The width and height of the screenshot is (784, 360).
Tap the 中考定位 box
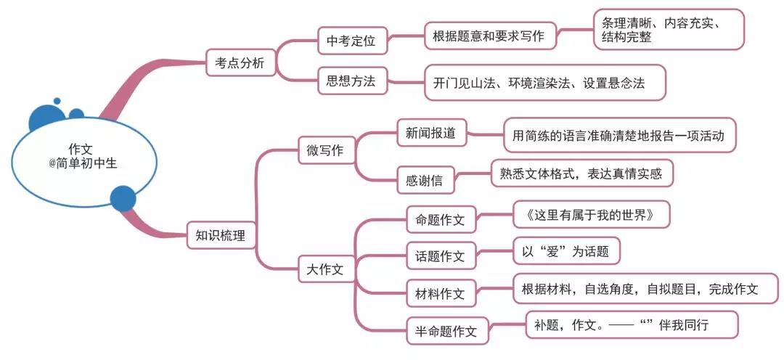(x=352, y=41)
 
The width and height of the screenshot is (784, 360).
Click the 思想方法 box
(x=352, y=81)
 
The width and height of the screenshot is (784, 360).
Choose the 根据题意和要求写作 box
(x=490, y=36)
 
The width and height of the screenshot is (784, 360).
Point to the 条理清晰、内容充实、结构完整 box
(x=668, y=30)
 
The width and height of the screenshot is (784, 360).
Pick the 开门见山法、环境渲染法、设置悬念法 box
(x=544, y=83)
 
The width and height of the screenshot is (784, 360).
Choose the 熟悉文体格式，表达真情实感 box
(x=581, y=173)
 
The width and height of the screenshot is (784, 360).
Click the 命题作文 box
(x=441, y=219)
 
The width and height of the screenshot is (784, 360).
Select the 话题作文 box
(x=441, y=255)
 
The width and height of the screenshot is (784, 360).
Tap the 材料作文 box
(x=441, y=293)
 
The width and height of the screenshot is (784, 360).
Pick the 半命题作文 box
(x=446, y=331)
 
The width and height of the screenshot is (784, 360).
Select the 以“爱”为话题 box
(x=567, y=251)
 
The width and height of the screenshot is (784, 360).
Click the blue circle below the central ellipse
(x=123, y=197)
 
